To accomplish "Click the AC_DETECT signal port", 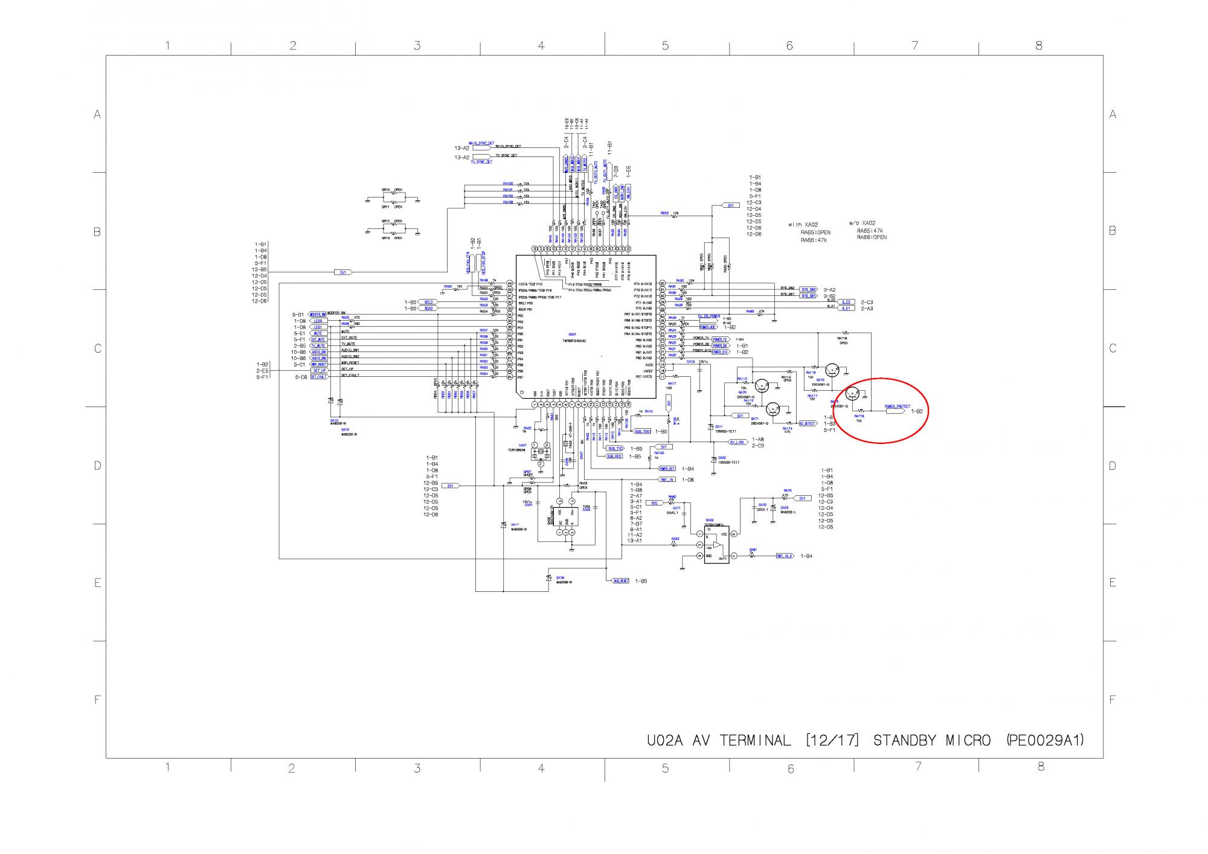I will click(807, 423).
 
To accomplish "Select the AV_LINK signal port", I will click(737, 442).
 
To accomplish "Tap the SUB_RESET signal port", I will click(621, 580).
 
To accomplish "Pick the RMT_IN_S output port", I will click(785, 556).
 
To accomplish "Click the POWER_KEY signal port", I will click(667, 469).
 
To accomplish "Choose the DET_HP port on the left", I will click(319, 370).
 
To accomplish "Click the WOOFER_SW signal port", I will click(318, 315).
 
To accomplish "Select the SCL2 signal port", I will click(428, 302).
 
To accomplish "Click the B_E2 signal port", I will click(846, 302).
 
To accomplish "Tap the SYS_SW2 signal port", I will click(809, 289).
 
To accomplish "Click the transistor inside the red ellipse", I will click(852, 394).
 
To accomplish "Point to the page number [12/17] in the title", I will click(832, 740).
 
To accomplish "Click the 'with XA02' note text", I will click(803, 225).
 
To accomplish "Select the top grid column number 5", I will click(665, 46).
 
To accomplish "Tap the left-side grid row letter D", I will click(97, 466).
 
